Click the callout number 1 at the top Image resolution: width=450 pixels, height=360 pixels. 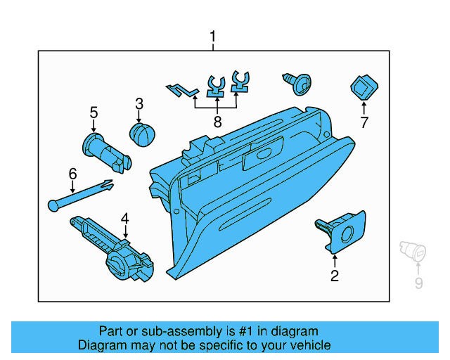[214, 37]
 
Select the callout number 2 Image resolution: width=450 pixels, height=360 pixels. [335, 276]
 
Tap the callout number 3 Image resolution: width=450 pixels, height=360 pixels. [139, 104]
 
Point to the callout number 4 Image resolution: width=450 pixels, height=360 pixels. [125, 218]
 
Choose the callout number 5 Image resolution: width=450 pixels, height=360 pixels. [94, 112]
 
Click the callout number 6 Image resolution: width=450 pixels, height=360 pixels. [72, 173]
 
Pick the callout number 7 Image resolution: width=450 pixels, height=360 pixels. [364, 123]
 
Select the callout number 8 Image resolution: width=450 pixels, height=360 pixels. [217, 122]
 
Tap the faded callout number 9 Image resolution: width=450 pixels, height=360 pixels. [419, 284]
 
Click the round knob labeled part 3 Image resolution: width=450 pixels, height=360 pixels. [143, 134]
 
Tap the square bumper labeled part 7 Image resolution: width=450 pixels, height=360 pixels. [364, 88]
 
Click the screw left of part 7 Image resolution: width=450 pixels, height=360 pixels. [298, 84]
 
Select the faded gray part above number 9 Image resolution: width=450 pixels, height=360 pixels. [410, 250]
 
